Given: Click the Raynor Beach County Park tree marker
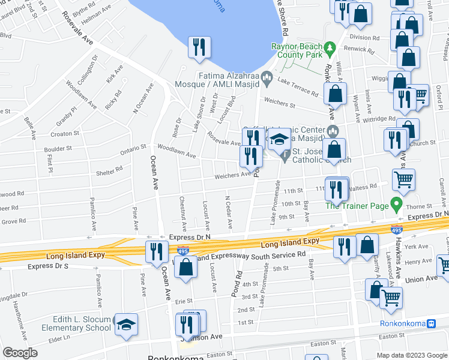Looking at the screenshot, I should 329,47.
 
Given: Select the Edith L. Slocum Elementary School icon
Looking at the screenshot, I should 125,324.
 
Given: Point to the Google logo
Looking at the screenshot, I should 20,353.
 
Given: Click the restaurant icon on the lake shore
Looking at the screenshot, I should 199,47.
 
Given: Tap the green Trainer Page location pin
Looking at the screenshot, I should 396,205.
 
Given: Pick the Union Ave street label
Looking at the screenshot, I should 422,279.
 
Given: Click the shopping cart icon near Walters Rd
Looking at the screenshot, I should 403,178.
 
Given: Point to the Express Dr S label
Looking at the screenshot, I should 48,266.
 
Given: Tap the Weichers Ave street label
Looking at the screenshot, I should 233,175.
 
